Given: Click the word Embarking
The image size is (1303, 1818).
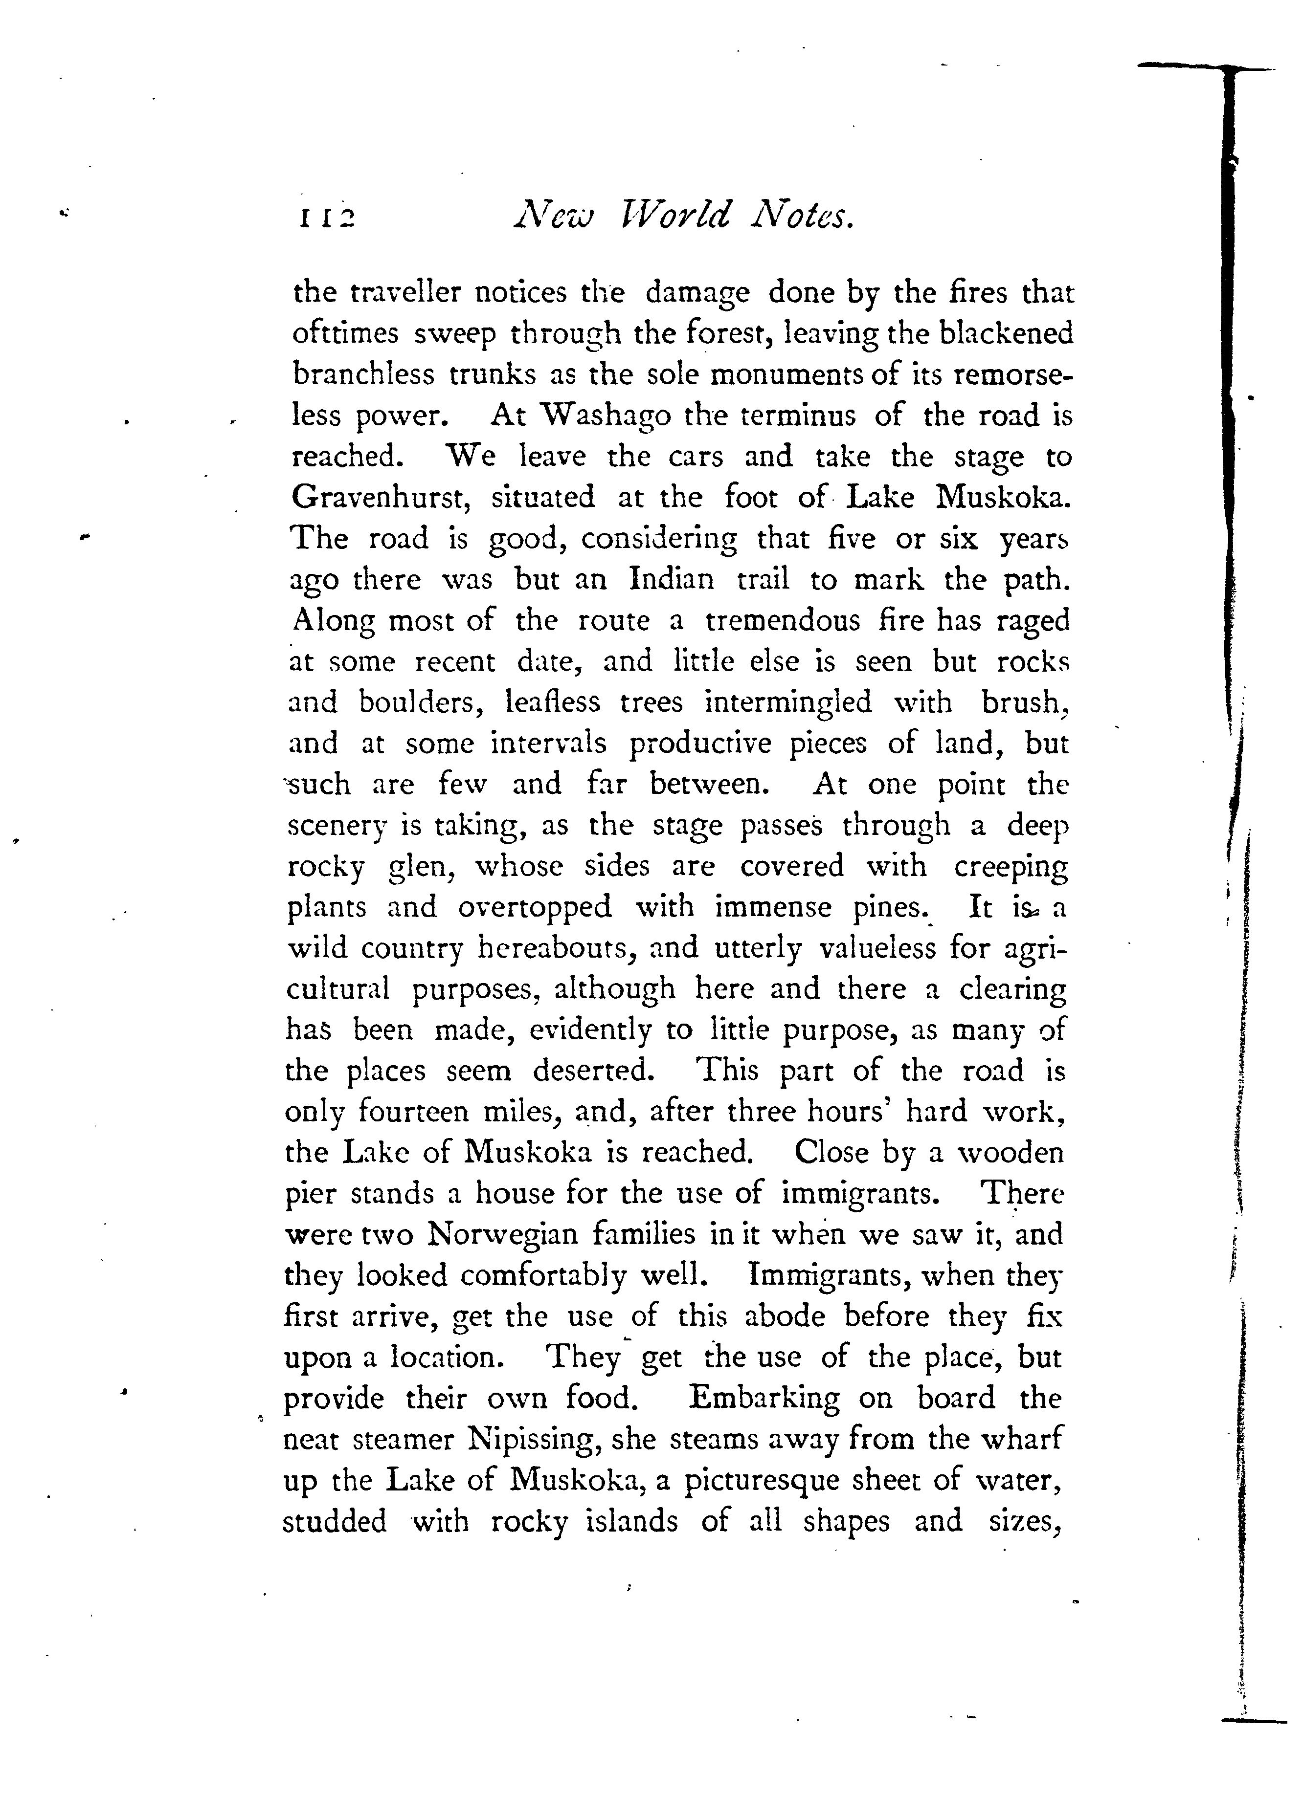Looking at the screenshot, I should (x=764, y=1398).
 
